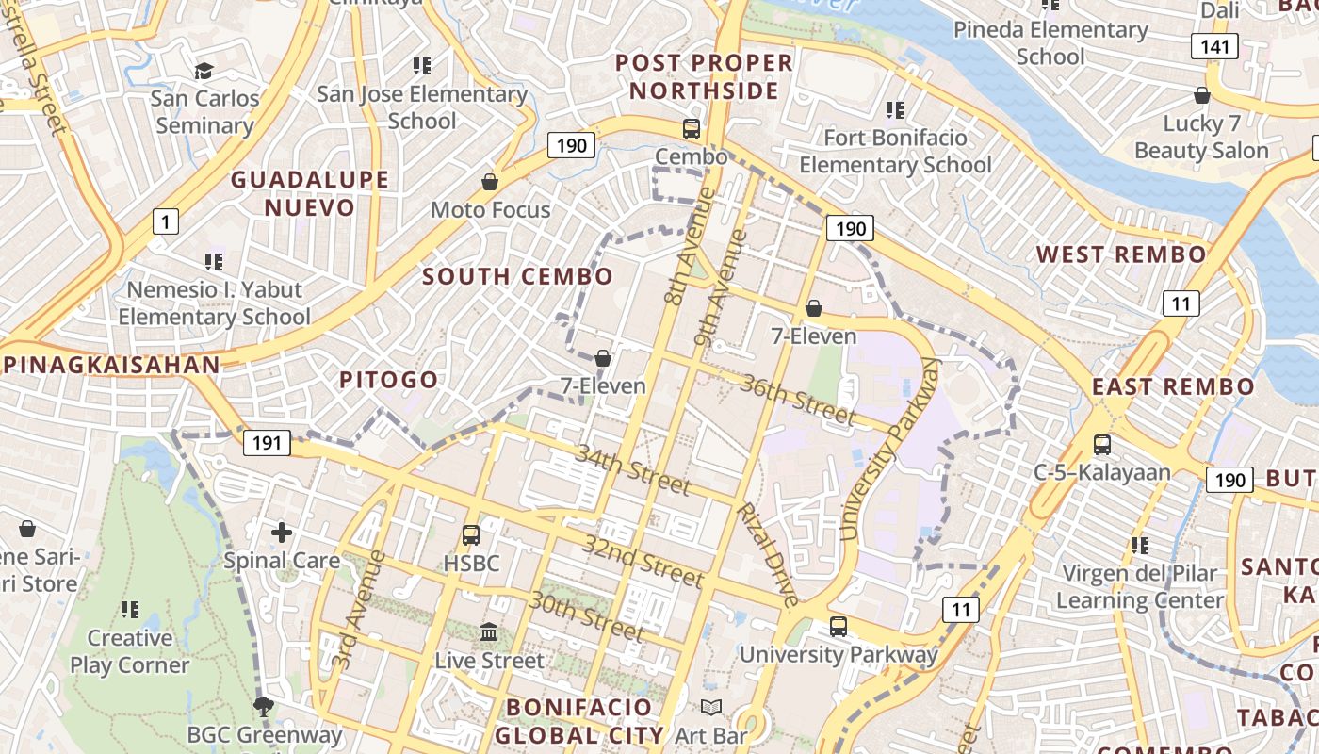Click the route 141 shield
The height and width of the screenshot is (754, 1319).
(x=1213, y=46)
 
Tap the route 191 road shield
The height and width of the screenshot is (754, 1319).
(x=267, y=442)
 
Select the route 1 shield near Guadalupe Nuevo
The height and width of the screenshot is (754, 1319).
(x=166, y=222)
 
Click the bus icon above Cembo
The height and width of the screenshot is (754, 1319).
(x=692, y=129)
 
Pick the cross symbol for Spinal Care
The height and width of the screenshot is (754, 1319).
(x=282, y=533)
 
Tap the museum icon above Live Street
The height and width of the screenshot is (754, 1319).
(x=489, y=632)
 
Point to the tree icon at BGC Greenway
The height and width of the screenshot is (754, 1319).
(x=264, y=706)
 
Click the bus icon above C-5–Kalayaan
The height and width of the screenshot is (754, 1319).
(x=1101, y=444)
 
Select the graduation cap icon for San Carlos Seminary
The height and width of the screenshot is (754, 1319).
(x=204, y=71)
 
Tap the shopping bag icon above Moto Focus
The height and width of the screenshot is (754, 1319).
(x=490, y=181)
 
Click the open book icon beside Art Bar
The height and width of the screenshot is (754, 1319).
(x=711, y=708)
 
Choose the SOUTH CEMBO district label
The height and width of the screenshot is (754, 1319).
(x=517, y=276)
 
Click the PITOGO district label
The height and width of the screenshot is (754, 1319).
(x=389, y=380)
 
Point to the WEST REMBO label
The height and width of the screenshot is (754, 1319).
(x=1121, y=254)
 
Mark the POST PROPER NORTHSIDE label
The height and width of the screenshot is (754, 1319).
(x=704, y=76)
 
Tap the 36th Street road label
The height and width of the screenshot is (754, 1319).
(x=798, y=400)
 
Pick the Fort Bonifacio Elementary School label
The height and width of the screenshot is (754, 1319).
(x=895, y=152)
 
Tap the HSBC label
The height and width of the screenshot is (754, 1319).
(x=471, y=564)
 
